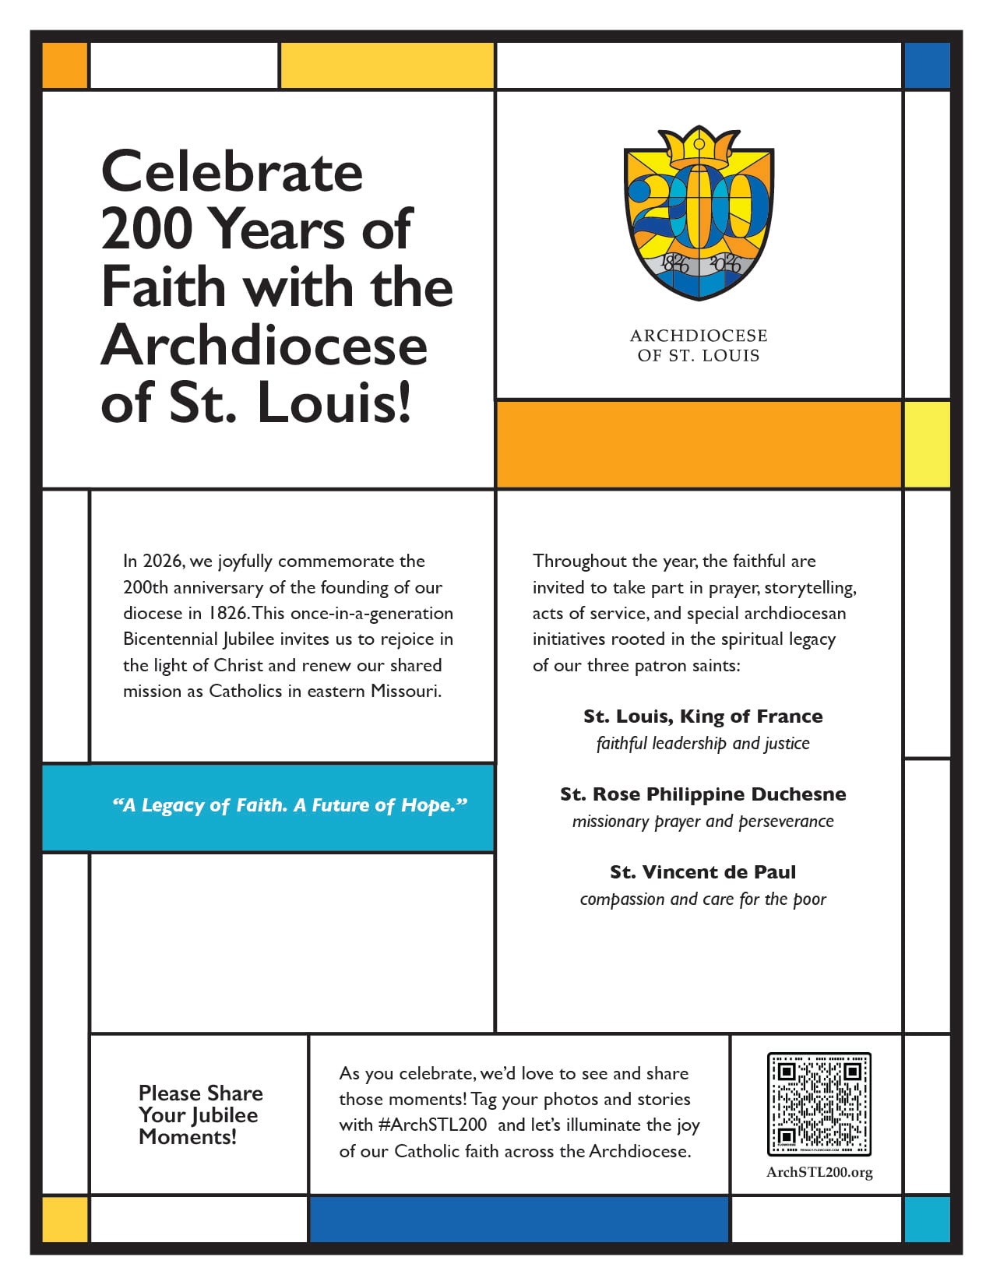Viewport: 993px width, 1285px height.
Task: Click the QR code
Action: tap(819, 1104)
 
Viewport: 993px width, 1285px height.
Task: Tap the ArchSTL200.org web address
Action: tap(819, 1172)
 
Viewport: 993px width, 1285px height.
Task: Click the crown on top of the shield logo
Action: tap(699, 145)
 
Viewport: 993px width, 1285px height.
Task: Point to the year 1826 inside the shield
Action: tap(674, 263)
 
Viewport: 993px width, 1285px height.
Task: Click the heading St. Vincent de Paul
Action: tap(702, 872)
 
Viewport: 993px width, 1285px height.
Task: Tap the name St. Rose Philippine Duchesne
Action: tap(702, 794)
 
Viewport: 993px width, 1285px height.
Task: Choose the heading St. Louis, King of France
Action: tap(702, 716)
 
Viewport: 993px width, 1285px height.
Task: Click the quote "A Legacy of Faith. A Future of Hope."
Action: tap(290, 806)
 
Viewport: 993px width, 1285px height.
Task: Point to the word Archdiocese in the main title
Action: tap(265, 345)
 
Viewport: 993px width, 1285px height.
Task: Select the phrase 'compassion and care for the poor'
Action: tap(702, 899)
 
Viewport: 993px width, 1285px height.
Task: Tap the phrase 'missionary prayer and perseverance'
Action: tap(702, 822)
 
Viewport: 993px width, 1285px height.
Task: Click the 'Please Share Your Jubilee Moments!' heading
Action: tap(199, 1114)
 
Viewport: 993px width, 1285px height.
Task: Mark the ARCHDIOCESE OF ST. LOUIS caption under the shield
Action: tap(699, 346)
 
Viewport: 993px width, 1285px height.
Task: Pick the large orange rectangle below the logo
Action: tap(699, 445)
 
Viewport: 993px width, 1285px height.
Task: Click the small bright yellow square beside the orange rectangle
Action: tap(927, 445)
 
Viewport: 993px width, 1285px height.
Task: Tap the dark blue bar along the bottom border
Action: tap(519, 1219)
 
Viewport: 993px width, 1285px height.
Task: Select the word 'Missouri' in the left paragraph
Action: tap(406, 692)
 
